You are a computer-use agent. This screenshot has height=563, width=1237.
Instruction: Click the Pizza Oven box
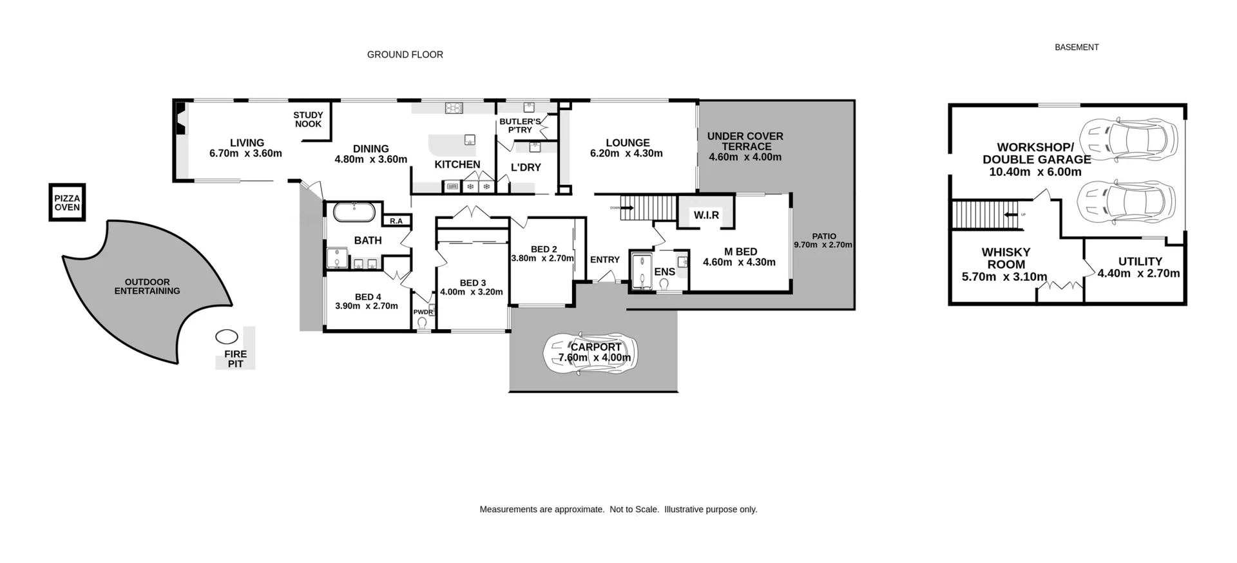click(x=67, y=202)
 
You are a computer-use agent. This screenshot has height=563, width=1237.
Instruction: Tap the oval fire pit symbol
click(x=226, y=336)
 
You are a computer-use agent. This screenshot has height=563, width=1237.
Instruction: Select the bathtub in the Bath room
click(x=354, y=213)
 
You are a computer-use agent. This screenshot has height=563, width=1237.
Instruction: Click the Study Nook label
click(x=308, y=119)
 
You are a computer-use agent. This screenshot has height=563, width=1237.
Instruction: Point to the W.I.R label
click(x=706, y=215)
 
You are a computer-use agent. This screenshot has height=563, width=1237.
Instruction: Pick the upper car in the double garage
click(x=1127, y=140)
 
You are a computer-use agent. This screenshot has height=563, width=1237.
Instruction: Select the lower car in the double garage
click(x=1126, y=202)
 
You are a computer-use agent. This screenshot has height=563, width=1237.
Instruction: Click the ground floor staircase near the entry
click(x=648, y=207)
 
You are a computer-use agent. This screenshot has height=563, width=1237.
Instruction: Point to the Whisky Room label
click(x=1006, y=258)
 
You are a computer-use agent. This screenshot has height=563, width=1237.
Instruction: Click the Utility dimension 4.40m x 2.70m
click(x=1138, y=273)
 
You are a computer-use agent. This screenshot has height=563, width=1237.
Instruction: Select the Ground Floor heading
click(x=405, y=55)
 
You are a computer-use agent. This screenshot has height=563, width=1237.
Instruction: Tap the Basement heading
click(x=1077, y=47)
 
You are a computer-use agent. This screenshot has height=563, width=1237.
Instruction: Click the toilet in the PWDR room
click(x=423, y=323)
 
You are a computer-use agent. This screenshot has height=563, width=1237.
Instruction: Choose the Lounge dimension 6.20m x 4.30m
click(x=626, y=153)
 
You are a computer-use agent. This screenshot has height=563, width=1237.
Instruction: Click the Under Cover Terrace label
click(x=745, y=141)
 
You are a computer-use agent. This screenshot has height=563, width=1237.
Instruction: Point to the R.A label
click(x=396, y=221)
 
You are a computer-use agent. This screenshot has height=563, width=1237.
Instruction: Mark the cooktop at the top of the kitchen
click(x=454, y=108)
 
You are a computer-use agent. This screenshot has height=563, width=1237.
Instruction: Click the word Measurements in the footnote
click(x=508, y=510)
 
